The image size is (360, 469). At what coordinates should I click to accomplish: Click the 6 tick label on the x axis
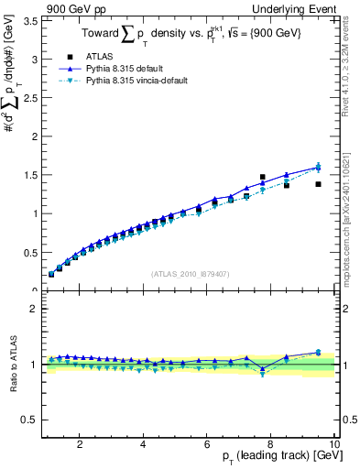[207, 444]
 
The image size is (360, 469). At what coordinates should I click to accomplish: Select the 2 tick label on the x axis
[80, 444]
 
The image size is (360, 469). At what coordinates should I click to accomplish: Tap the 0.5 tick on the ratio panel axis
[30, 420]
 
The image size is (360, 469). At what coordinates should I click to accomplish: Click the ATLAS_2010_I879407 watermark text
[189, 274]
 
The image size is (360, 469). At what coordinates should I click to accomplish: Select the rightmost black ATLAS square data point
[318, 184]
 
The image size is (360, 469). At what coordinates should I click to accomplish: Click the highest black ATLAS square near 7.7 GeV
[263, 177]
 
